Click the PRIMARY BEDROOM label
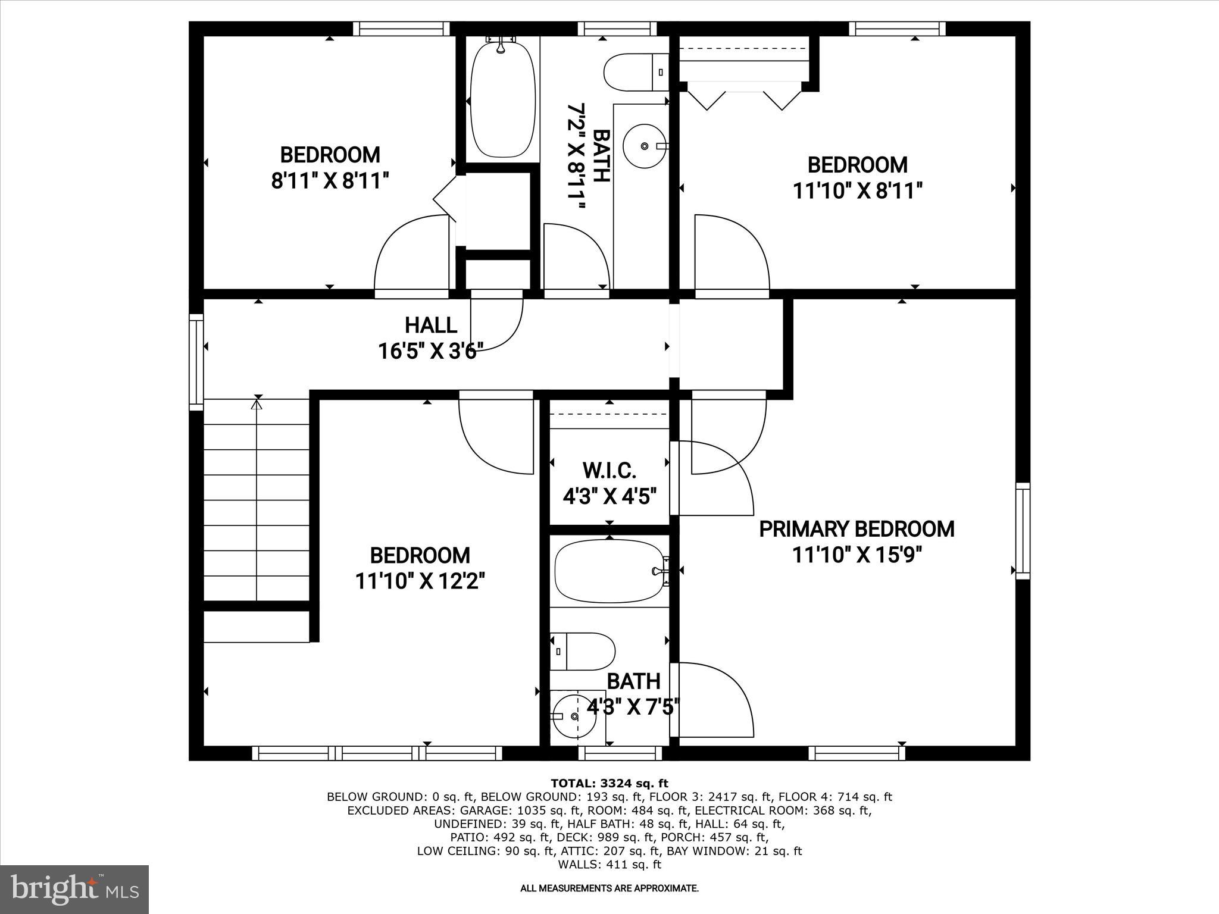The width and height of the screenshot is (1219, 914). (856, 529)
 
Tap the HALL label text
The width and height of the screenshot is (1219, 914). (431, 325)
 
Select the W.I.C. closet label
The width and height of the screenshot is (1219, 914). (609, 471)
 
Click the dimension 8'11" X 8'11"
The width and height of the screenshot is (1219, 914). (330, 180)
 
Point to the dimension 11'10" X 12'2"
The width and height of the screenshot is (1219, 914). (420, 581)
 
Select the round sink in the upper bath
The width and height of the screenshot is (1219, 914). (645, 145)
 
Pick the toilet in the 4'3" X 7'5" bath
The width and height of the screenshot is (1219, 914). (582, 651)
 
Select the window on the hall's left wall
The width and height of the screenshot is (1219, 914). (196, 361)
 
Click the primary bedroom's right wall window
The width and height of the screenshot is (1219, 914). (1023, 531)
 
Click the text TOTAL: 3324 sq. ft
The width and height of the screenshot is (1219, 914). (609, 783)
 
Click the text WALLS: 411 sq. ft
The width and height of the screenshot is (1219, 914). (609, 864)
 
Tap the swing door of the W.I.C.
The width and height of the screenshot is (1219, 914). (714, 476)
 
